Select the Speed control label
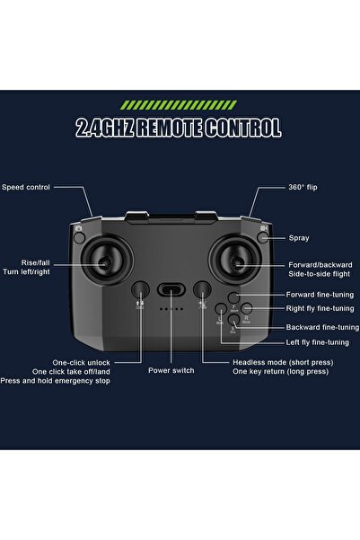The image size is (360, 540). (x=26, y=187)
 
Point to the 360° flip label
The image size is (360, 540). (x=303, y=187)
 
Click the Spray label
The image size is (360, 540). (x=299, y=238)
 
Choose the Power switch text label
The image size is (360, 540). (x=171, y=369)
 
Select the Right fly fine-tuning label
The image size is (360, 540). (x=319, y=309)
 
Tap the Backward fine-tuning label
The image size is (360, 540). (x=321, y=327)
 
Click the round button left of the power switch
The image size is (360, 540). (x=140, y=289)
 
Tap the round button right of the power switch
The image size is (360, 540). (x=203, y=289)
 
